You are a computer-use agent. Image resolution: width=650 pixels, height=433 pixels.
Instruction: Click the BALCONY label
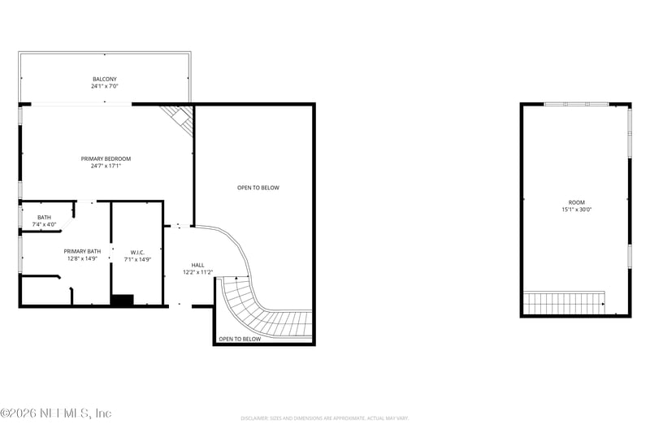104,79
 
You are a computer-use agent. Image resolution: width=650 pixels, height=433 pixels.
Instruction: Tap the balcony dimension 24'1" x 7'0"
104,85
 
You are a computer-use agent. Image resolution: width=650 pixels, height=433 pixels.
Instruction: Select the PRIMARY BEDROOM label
106,158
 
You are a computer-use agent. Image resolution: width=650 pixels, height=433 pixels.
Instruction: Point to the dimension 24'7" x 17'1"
106,166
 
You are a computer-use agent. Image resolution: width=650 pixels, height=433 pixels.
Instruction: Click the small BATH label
44,217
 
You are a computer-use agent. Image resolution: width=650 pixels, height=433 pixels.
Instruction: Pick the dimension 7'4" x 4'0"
44,223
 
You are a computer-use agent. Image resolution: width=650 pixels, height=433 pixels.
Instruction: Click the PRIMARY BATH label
82,251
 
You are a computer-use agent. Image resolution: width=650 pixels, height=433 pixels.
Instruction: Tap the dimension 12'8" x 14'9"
82,258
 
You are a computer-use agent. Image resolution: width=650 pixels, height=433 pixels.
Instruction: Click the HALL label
198,265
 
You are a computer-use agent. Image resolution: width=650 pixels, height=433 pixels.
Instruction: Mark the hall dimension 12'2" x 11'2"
198,272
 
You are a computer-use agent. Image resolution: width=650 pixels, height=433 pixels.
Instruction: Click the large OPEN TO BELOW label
258,188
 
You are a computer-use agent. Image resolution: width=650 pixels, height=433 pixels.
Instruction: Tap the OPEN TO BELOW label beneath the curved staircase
240,339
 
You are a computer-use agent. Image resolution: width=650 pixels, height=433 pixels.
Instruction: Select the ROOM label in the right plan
576,202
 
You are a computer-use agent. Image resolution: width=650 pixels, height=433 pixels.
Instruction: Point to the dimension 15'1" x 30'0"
576,210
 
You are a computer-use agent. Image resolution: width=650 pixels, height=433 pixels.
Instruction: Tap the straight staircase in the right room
565,303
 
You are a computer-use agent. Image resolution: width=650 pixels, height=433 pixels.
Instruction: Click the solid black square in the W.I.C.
122,300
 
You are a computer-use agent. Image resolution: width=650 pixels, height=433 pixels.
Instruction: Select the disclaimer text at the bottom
324,418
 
